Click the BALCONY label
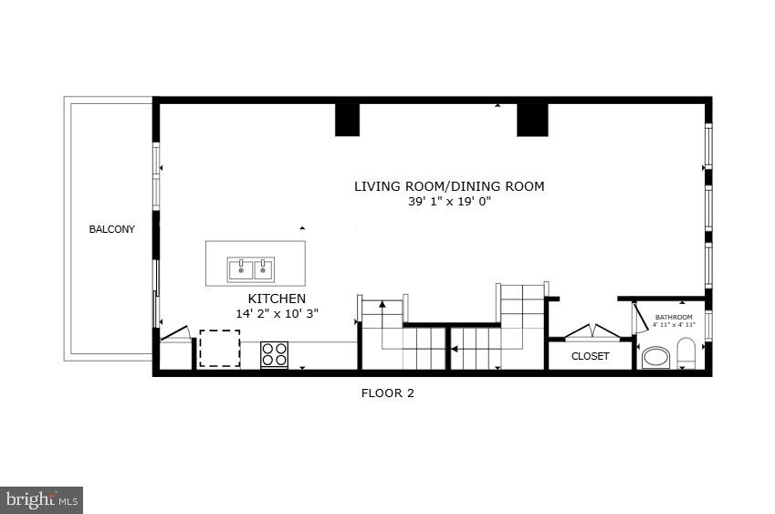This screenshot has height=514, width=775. click(x=111, y=229)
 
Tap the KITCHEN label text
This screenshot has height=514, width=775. click(x=277, y=299)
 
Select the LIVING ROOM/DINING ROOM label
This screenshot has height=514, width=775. click(x=449, y=186)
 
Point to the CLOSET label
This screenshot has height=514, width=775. click(x=590, y=356)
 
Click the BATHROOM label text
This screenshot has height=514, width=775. click(x=674, y=317)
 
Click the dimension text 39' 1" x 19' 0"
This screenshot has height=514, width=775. click(x=449, y=202)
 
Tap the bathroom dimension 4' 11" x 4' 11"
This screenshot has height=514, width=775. click(x=674, y=324)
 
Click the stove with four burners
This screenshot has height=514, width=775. click(x=274, y=353)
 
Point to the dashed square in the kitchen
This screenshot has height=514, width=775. click(x=219, y=348)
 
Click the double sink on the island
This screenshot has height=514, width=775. click(x=251, y=269)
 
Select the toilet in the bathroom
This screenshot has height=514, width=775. click(x=686, y=352)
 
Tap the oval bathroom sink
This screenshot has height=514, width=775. click(x=655, y=356)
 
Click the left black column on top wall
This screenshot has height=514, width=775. click(x=347, y=119)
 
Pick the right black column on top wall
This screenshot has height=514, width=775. click(x=532, y=119)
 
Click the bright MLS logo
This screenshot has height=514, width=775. click(x=42, y=499)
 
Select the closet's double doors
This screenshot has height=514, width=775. click(x=590, y=331)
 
